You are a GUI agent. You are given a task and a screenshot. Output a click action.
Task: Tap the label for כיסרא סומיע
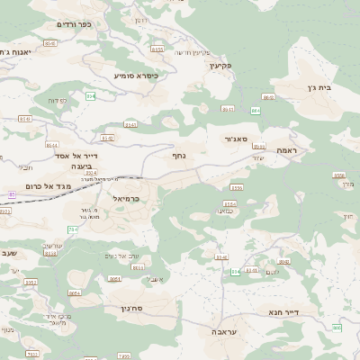[x=136, y=76]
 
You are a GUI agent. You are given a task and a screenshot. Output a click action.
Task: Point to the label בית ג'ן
[x=337, y=88]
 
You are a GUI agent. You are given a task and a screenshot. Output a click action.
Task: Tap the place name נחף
[x=179, y=155]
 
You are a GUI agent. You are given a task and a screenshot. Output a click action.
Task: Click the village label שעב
[x=9, y=253]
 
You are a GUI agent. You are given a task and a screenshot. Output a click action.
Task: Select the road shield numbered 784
[x=73, y=229]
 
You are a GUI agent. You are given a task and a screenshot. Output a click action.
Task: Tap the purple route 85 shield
[x=12, y=193]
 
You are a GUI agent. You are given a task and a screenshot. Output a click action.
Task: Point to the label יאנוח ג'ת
[x=15, y=52]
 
